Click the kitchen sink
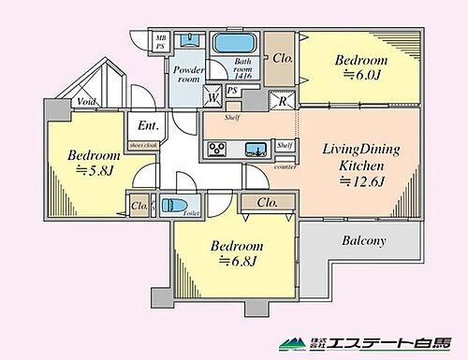pos(253,148)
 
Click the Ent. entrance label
pos(148,125)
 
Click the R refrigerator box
pos(282,101)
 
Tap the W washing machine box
pos(214,94)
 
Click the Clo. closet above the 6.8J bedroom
pos(266,203)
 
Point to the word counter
pos(286,166)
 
